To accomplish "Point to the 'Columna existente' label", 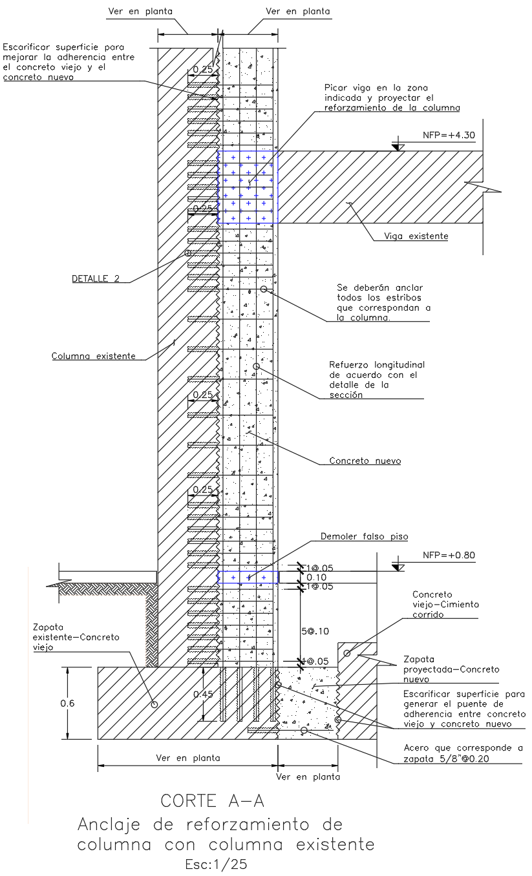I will click(x=94, y=355).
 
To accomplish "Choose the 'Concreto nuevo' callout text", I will click(x=365, y=461).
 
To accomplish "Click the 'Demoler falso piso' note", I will click(x=364, y=537).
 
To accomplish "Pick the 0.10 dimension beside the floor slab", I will click(x=316, y=577).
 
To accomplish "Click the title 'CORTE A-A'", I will click(x=213, y=801).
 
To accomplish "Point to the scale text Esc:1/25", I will click(x=216, y=864).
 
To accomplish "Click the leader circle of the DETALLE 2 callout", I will click(x=188, y=253).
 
